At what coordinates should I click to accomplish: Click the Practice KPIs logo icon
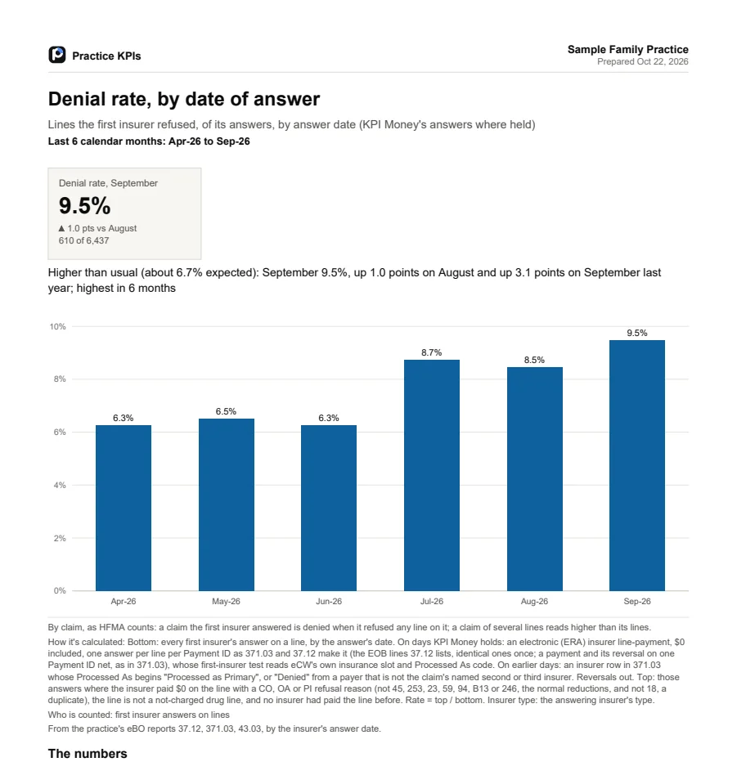[x=57, y=55]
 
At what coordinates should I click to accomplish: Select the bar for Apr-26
[x=124, y=508]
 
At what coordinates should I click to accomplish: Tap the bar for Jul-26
[x=432, y=475]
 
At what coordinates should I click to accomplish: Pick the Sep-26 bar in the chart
[x=637, y=465]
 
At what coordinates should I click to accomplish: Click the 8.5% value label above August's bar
[x=534, y=360]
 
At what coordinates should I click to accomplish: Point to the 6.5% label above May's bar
[x=226, y=411]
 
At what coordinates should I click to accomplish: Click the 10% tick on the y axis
[x=57, y=326]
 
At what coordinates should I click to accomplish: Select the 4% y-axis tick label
[x=60, y=485]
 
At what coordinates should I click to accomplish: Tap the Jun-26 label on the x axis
[x=329, y=601]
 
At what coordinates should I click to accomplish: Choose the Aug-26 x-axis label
[x=534, y=601]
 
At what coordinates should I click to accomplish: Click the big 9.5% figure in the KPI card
[x=84, y=205]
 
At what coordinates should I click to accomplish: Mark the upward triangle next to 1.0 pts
[x=61, y=228]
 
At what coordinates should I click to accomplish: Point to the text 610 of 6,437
[x=83, y=240]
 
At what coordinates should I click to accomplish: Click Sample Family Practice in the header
[x=628, y=50]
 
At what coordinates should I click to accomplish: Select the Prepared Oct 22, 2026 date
[x=643, y=61]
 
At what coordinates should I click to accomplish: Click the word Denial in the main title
[x=77, y=99]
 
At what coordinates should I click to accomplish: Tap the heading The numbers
[x=88, y=753]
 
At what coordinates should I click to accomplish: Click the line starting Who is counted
[x=138, y=715]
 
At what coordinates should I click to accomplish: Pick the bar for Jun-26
[x=329, y=508]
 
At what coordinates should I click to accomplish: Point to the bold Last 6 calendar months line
[x=149, y=141]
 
